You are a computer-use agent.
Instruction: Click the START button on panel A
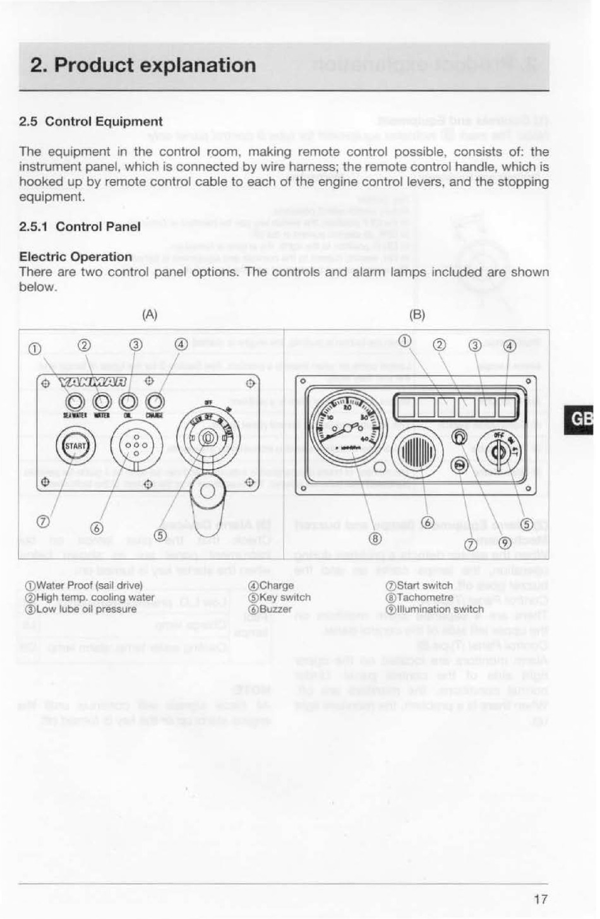[x=76, y=446]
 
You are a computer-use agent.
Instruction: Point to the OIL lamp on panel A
[x=128, y=402]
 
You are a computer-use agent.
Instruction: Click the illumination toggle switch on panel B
[x=460, y=439]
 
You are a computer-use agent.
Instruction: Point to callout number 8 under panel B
[x=375, y=538]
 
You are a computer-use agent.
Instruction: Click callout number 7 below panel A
[x=43, y=521]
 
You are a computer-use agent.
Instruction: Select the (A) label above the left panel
[x=149, y=314]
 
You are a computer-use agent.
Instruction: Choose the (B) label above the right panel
[x=417, y=314]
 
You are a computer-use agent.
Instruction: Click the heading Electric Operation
[x=76, y=256]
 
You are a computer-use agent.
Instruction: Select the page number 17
[x=540, y=899]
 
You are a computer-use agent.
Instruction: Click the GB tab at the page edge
[x=581, y=420]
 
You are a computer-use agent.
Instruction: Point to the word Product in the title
[x=93, y=65]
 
